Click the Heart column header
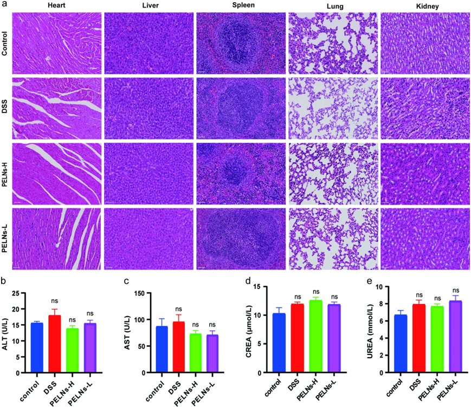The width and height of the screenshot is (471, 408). click(x=56, y=6)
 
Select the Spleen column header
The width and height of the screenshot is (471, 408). click(x=241, y=6)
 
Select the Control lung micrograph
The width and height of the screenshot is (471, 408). click(x=333, y=43)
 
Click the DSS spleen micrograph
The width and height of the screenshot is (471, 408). click(x=241, y=108)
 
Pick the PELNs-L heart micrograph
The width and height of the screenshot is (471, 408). click(x=56, y=238)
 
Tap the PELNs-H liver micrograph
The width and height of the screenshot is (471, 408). click(x=149, y=173)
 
